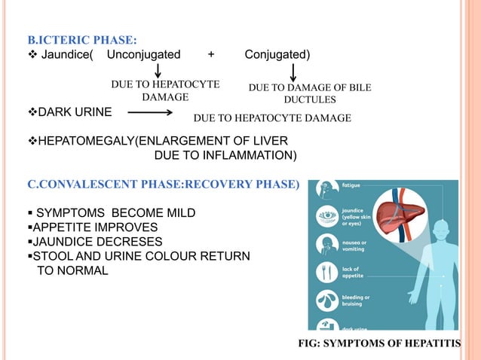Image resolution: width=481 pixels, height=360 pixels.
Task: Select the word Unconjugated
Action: [143, 54]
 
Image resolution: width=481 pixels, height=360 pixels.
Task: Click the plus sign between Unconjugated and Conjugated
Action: [211, 54]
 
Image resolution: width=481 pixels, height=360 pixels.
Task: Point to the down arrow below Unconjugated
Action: [158, 70]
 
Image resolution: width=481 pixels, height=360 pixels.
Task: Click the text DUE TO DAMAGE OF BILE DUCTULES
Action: [310, 93]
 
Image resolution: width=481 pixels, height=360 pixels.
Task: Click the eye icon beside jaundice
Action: [327, 214]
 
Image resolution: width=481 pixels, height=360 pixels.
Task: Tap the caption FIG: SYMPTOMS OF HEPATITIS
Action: [389, 343]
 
